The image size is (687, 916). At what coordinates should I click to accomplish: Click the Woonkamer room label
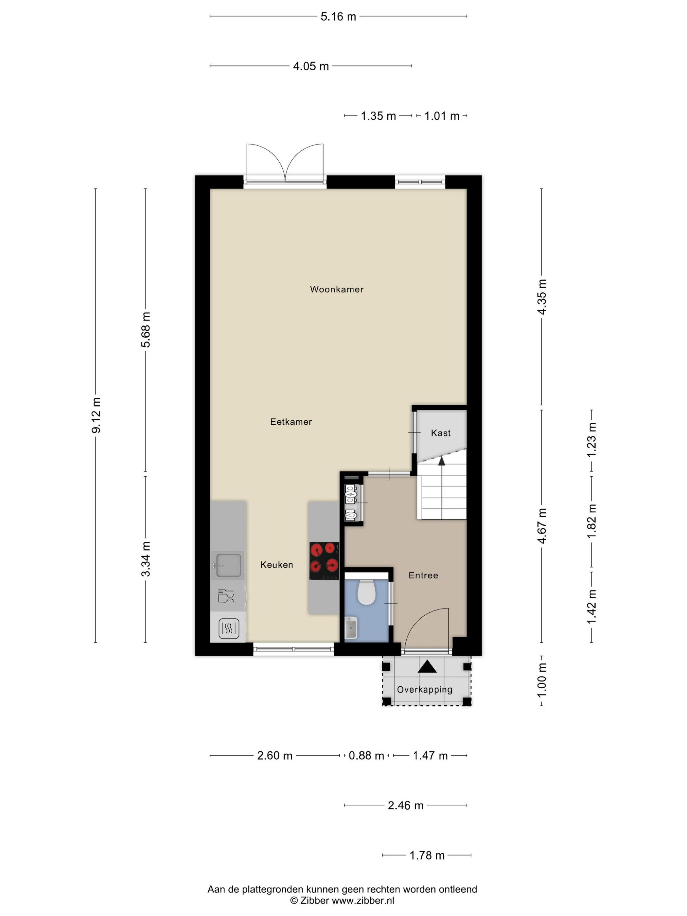coord(336,290)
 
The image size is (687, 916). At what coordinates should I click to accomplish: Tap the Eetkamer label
coord(291,422)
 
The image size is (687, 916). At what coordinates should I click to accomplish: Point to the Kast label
coord(441,433)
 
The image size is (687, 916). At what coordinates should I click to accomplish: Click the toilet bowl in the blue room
coord(366,592)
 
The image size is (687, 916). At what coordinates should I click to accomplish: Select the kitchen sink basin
coord(227,565)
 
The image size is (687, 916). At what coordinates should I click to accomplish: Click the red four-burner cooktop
coord(324,561)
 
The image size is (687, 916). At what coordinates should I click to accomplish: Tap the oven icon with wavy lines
coord(229,628)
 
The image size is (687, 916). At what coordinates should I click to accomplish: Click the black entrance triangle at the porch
coord(427,666)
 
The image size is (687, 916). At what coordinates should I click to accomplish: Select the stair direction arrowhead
coord(441,461)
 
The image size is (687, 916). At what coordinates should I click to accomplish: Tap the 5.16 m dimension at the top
coord(338,17)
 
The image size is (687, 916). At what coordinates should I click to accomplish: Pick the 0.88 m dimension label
coord(366,756)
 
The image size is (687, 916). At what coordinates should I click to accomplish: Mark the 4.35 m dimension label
coord(542,296)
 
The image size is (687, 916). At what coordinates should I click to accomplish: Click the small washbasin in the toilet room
coord(351,627)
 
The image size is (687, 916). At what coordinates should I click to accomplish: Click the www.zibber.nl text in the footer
coord(363,900)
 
